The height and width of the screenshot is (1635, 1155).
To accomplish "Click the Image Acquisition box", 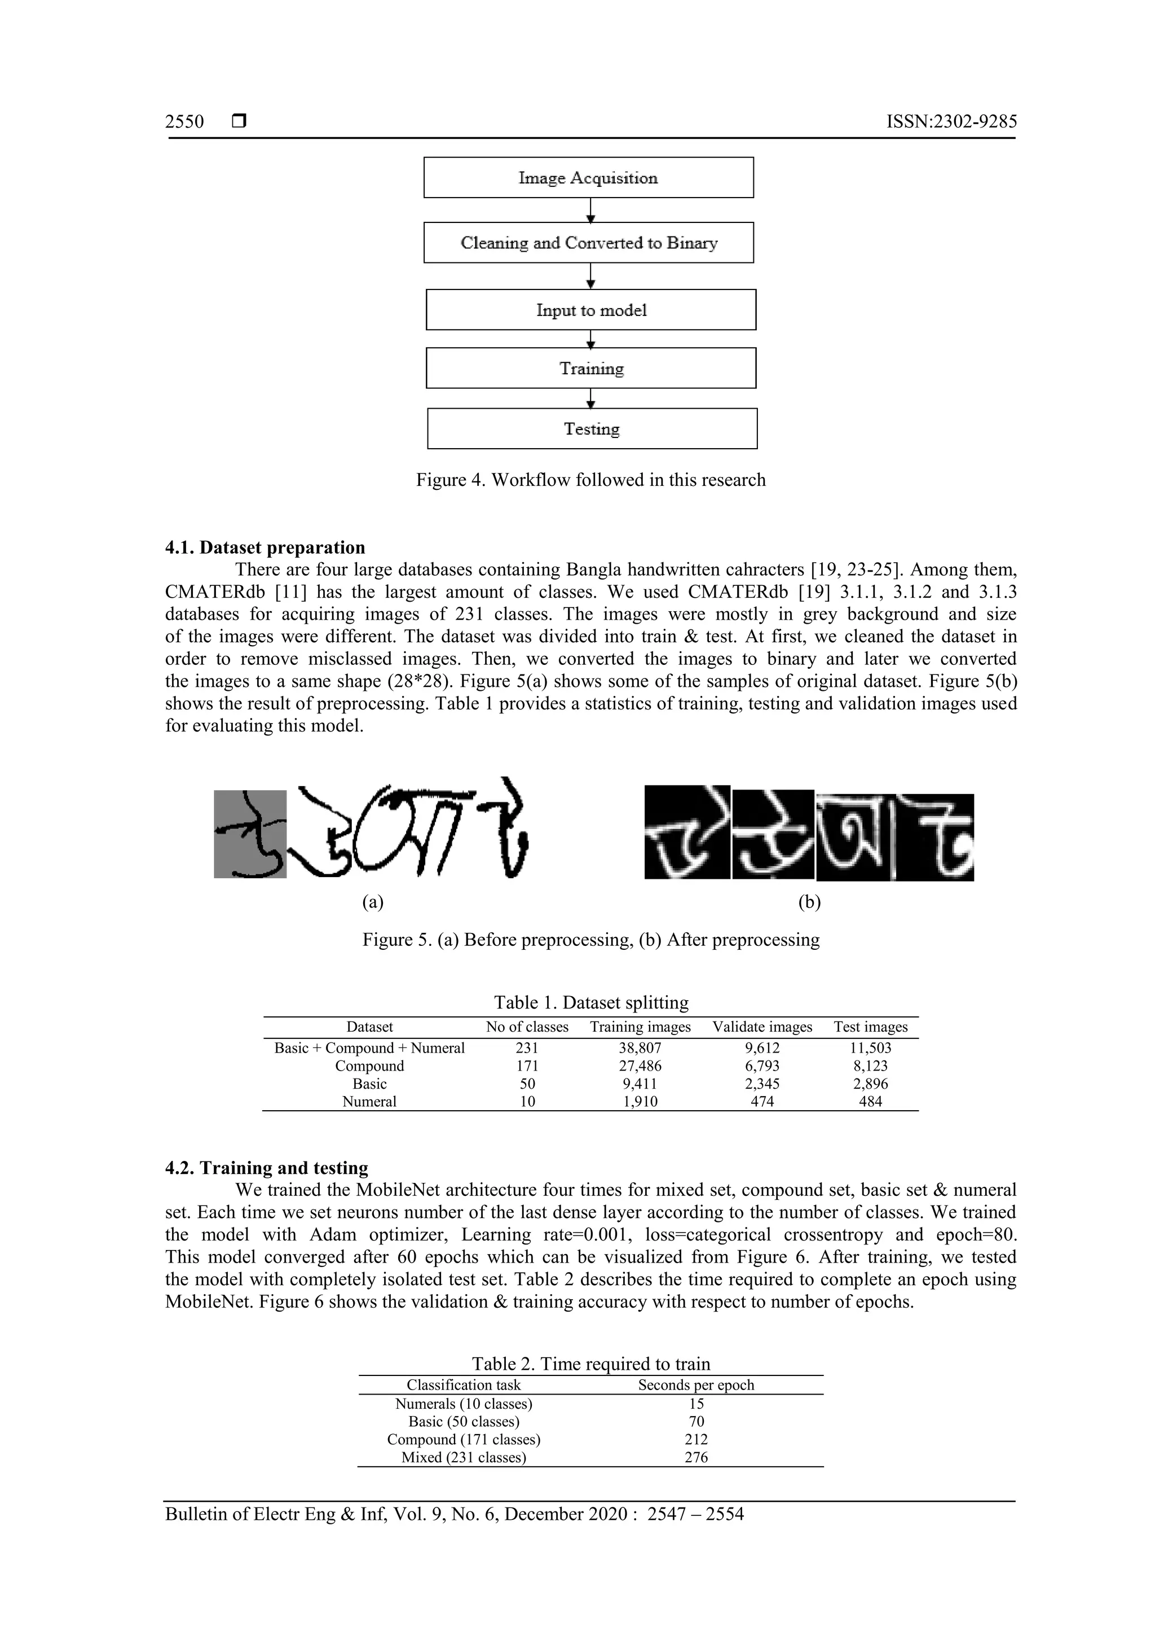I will [589, 177].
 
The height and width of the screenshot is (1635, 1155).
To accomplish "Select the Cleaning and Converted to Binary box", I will [589, 243].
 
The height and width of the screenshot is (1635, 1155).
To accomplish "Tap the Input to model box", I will [590, 310].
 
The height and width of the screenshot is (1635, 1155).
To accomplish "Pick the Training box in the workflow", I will [590, 368].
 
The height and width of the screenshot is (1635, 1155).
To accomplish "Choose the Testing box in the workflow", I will [592, 429].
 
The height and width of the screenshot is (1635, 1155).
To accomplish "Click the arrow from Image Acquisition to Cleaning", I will [590, 210].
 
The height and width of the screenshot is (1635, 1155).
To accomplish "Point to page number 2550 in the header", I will [184, 122].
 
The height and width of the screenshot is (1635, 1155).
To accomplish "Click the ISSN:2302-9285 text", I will [951, 122].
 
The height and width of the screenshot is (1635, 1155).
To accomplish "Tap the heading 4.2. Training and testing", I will [267, 1168].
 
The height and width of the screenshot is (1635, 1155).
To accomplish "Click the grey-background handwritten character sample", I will [250, 834].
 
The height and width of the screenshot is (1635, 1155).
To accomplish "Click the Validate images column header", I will [762, 1027].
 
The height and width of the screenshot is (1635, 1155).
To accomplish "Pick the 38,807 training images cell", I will [640, 1047].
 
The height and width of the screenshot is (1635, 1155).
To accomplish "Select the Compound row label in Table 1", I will [369, 1066].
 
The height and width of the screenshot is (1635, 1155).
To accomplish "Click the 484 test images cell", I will [870, 1102].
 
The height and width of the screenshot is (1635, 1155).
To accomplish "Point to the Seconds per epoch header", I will [695, 1385].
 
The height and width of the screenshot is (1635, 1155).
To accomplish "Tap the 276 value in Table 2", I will [696, 1457].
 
